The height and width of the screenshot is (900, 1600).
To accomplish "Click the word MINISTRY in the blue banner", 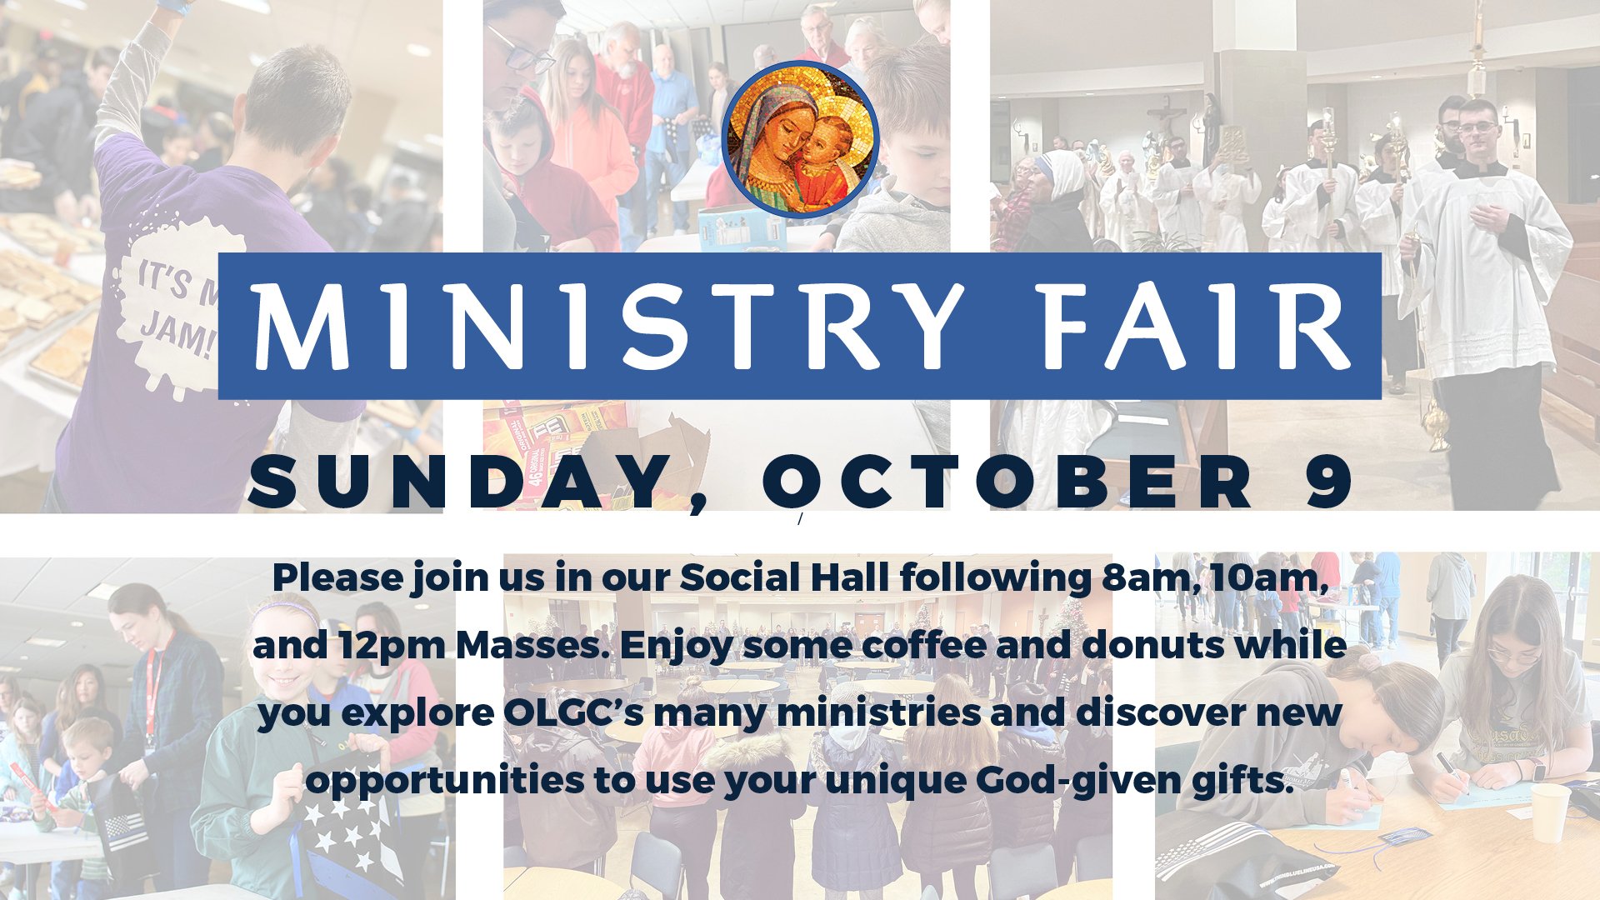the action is [609, 326].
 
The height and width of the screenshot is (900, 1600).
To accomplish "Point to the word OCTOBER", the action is [1007, 482].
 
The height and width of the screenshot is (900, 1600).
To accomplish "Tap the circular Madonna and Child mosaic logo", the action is [800, 139].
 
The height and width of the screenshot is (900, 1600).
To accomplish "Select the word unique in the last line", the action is [896, 782].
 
